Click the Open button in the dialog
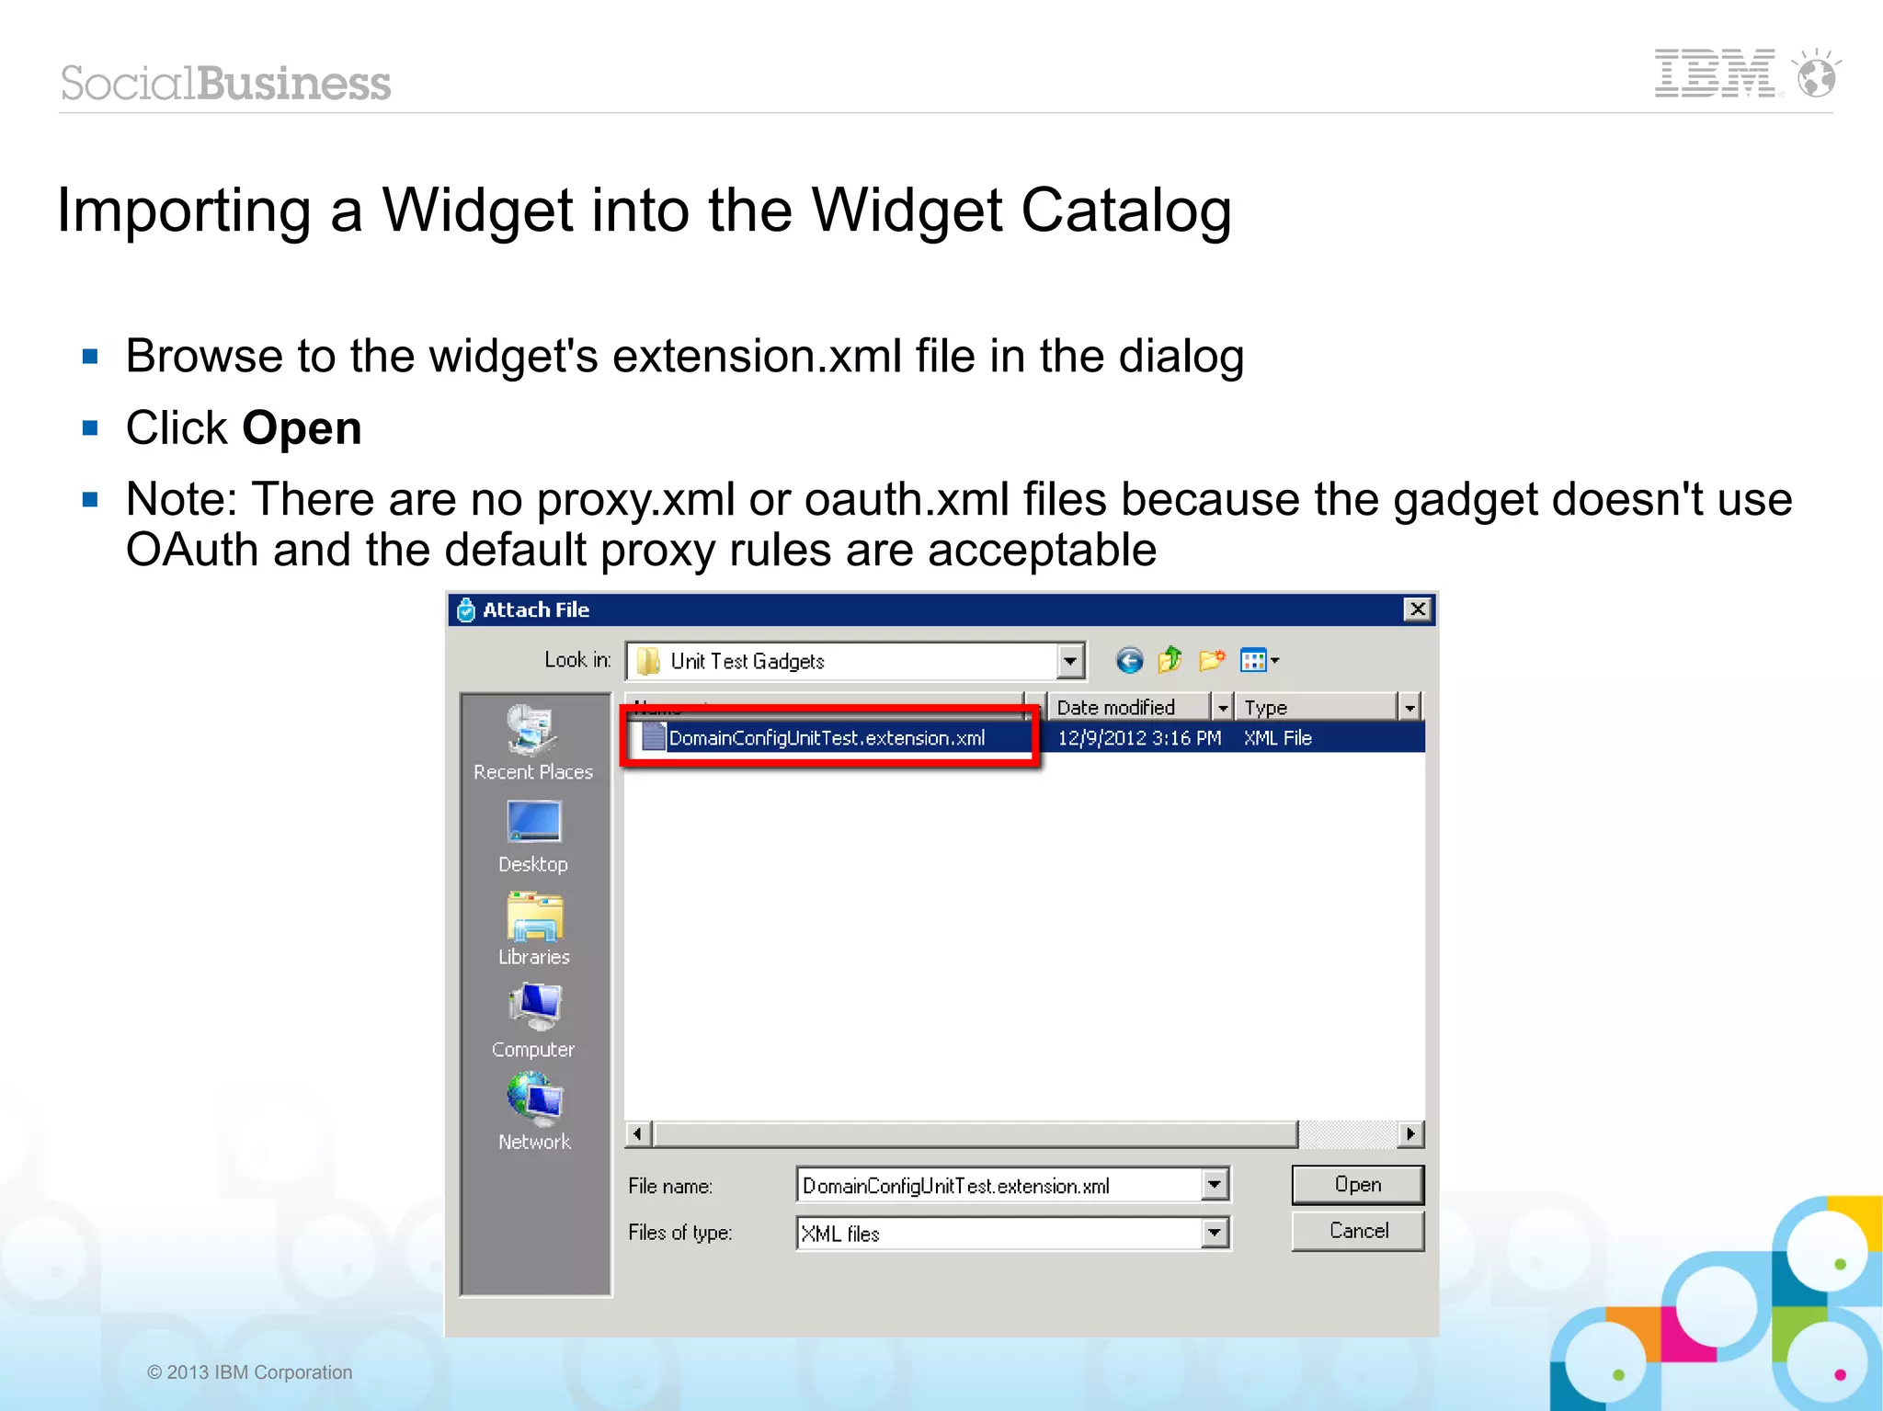[x=1357, y=1185]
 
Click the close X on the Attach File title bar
[x=1418, y=609]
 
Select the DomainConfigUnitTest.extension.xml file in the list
[x=826, y=738]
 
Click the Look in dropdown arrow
[x=1070, y=661]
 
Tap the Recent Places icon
[x=533, y=731]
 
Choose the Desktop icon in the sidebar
[x=533, y=822]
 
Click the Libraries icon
[x=533, y=916]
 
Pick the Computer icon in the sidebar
[x=533, y=1007]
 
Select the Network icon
[x=533, y=1099]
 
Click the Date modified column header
[x=1127, y=707]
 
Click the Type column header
[x=1315, y=707]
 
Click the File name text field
[x=998, y=1186]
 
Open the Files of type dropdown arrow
[x=1215, y=1233]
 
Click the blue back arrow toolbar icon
[x=1129, y=661]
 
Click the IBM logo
[x=1715, y=74]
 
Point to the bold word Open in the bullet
[x=302, y=428]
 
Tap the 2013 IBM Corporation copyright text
[x=250, y=1372]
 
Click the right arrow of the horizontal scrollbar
[x=1410, y=1134]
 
